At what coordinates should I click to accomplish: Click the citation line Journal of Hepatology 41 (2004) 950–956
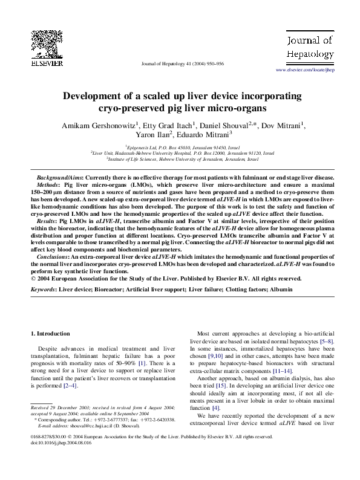tap(180, 63)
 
